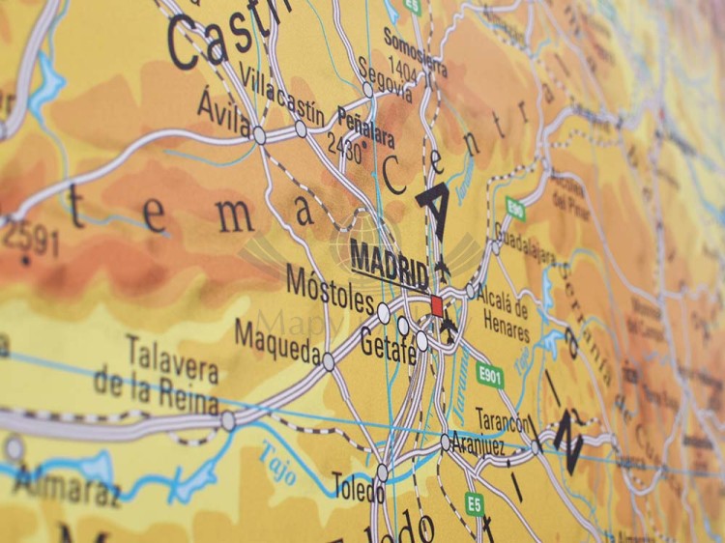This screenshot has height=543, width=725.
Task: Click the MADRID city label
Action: point(390,262)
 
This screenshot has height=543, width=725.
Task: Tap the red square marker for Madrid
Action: point(437,306)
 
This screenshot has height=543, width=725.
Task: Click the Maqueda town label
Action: point(277,343)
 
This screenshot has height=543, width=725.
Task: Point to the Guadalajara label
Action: point(525,242)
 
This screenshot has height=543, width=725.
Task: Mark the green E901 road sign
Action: point(489,375)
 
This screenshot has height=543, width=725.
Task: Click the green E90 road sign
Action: point(515,208)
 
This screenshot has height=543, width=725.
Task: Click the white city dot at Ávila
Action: point(259,135)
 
